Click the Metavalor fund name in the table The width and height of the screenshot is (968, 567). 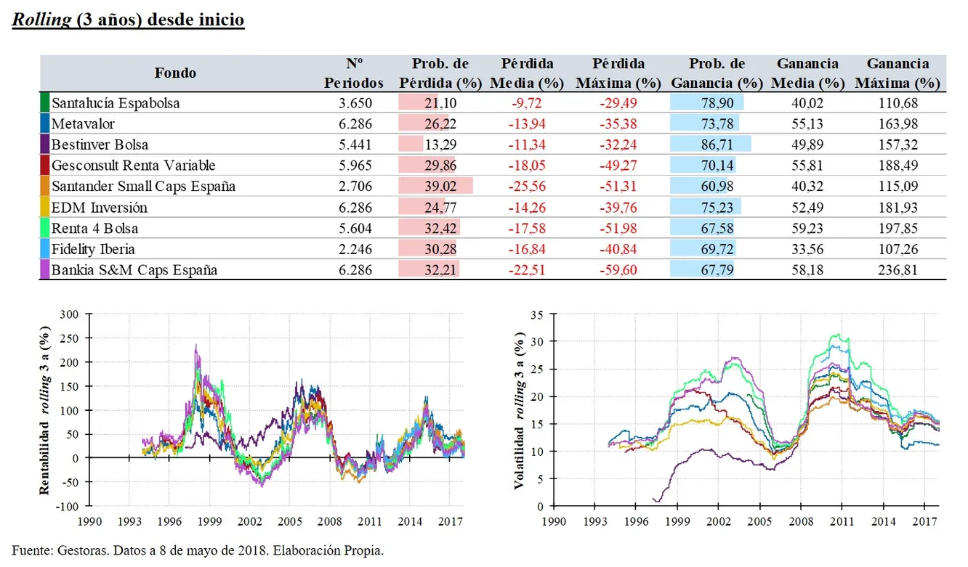(83, 124)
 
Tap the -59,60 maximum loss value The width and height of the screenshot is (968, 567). (618, 271)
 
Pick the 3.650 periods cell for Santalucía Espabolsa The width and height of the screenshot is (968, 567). (356, 103)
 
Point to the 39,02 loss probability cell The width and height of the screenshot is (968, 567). (434, 187)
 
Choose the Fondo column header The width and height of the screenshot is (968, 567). (175, 73)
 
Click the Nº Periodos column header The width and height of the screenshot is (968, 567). (354, 73)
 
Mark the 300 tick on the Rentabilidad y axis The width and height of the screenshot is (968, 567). (68, 314)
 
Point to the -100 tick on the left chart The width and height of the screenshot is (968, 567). (65, 505)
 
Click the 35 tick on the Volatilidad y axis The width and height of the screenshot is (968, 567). (537, 315)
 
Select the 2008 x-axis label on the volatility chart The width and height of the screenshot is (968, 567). (801, 521)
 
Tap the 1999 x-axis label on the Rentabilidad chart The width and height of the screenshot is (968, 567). (209, 521)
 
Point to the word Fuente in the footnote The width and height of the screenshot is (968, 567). (31, 550)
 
